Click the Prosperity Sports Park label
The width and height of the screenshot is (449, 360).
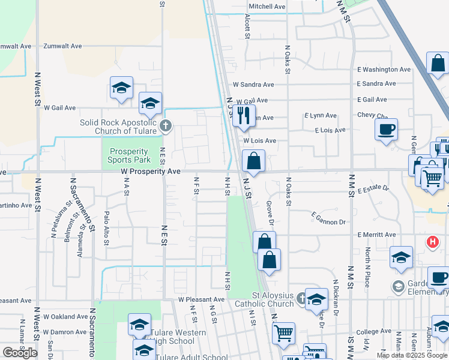coord(128,156)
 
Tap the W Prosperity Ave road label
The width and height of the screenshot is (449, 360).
coord(150,172)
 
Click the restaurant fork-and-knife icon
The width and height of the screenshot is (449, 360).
coord(243,115)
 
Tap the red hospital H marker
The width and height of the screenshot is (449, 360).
coord(431,242)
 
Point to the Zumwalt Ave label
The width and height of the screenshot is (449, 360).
coord(63,46)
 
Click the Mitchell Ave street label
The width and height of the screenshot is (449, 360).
coord(267,7)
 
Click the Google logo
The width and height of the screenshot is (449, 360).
coord(20,353)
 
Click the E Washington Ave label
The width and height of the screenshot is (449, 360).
coord(384,70)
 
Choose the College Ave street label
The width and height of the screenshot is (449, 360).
coord(373,332)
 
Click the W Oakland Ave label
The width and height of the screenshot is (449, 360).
coord(61,317)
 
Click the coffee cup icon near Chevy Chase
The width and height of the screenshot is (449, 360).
coord(385,129)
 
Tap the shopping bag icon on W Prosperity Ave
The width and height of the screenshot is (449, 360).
coord(253,161)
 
